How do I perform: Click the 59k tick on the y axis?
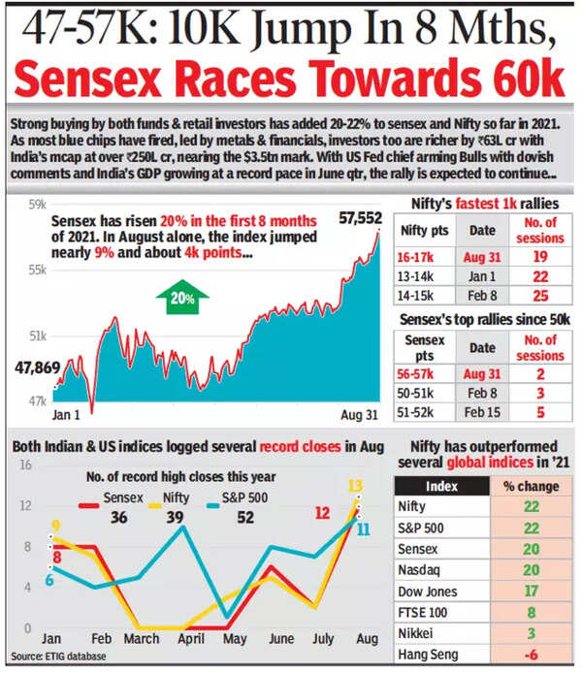pos(37,205)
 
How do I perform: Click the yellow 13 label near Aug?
pos(355,486)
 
